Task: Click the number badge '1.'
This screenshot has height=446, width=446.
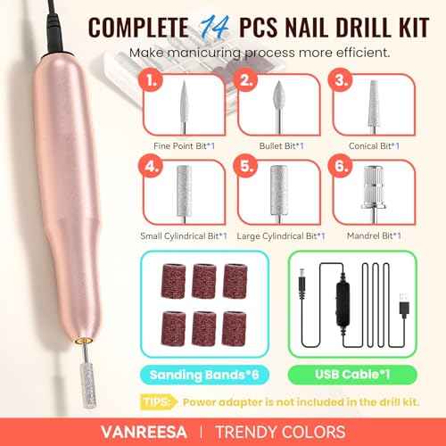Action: pos(153,84)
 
